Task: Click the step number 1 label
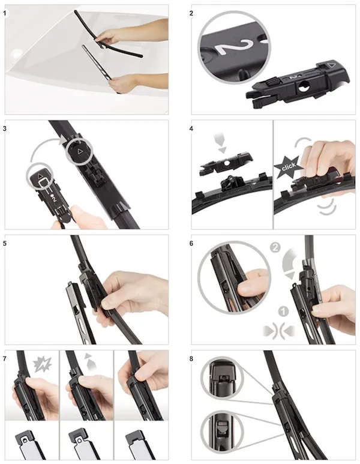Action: point(4,13)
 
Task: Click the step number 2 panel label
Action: point(191,13)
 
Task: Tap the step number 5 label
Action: point(4,243)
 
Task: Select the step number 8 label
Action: point(191,358)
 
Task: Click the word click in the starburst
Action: point(289,166)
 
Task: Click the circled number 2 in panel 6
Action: point(275,247)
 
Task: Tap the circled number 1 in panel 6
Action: point(283,312)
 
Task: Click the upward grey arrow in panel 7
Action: point(91,361)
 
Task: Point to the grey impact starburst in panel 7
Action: point(43,364)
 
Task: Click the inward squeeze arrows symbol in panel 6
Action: point(279,330)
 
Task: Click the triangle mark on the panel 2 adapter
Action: point(332,64)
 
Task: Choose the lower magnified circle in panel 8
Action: point(222,432)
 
